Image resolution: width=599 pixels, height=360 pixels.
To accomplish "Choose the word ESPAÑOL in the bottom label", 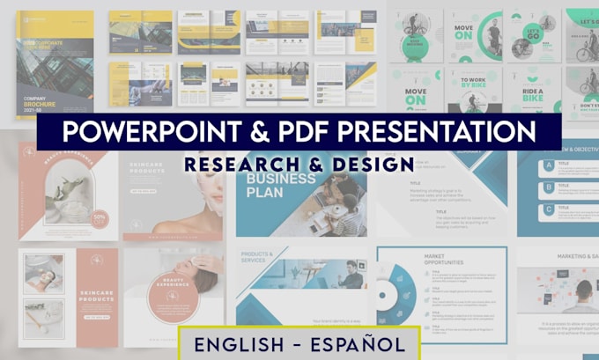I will (358, 342).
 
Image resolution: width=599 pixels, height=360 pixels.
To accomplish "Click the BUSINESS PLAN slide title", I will (280, 187).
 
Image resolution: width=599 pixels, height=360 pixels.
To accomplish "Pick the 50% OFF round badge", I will (100, 216).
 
